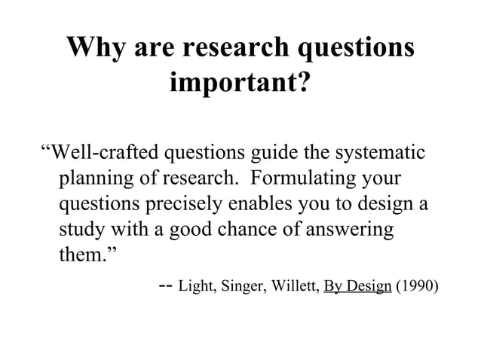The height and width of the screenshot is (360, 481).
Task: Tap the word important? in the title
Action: tap(240, 82)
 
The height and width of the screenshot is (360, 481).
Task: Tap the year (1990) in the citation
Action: tap(415, 287)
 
